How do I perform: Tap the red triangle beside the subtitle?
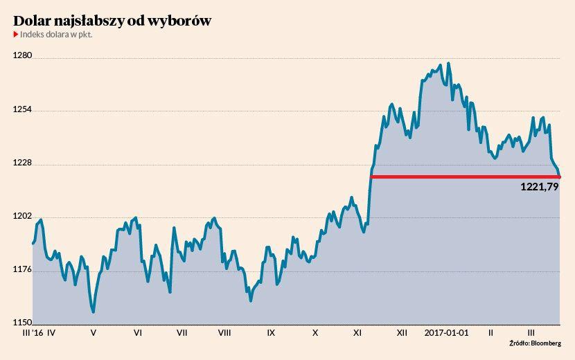(16, 34)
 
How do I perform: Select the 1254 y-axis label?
(23, 110)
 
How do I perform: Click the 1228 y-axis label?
(23, 163)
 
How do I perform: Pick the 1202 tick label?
(23, 216)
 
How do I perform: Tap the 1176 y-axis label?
(23, 270)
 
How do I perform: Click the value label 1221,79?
(539, 187)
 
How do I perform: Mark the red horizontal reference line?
(464, 177)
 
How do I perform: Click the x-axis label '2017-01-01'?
(446, 333)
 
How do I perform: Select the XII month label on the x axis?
(401, 333)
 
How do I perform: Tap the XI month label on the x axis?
(357, 333)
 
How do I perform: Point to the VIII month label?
(224, 333)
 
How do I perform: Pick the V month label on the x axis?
(94, 333)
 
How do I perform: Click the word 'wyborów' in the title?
(179, 21)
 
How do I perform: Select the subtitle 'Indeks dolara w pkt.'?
(56, 34)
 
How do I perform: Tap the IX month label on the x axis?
(271, 333)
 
